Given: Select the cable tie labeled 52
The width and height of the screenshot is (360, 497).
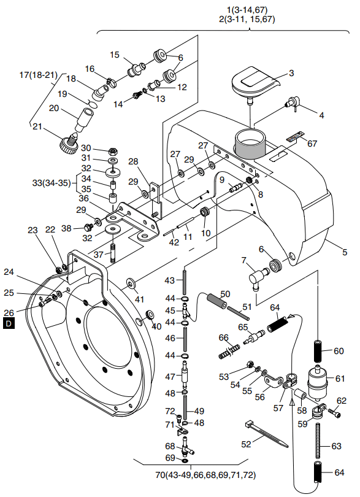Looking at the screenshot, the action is (x=266, y=434).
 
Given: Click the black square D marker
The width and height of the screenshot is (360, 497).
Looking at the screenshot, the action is (x=9, y=323).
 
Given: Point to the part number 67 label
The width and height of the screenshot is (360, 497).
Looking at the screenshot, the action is (x=312, y=144).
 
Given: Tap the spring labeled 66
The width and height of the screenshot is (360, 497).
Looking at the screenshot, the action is (x=229, y=351).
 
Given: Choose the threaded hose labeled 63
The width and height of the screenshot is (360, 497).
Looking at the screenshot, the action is (x=318, y=441).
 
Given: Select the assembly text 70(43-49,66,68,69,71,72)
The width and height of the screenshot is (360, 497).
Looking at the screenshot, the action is (x=205, y=475).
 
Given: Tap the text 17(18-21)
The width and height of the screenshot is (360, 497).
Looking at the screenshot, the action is (x=39, y=75).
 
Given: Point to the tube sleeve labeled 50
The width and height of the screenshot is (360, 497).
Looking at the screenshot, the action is (x=216, y=301).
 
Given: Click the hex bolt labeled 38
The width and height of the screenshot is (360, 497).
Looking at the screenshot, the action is (x=88, y=227).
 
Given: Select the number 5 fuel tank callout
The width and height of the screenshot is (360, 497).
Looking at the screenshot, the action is (x=345, y=252).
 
